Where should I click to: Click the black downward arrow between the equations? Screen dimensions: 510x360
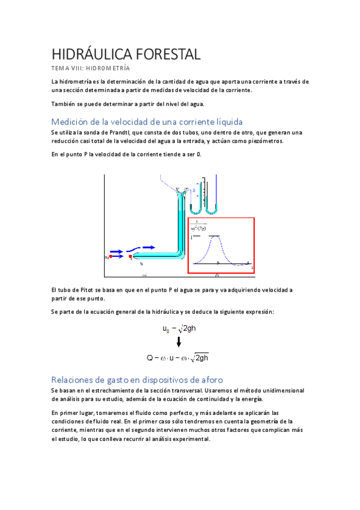click(178, 343)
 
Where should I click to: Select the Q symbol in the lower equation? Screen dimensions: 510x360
click(150, 358)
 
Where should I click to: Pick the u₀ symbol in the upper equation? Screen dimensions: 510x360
click(166, 330)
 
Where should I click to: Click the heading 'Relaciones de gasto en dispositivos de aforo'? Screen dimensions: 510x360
click(137, 379)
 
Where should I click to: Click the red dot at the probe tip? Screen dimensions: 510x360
click(130, 257)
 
